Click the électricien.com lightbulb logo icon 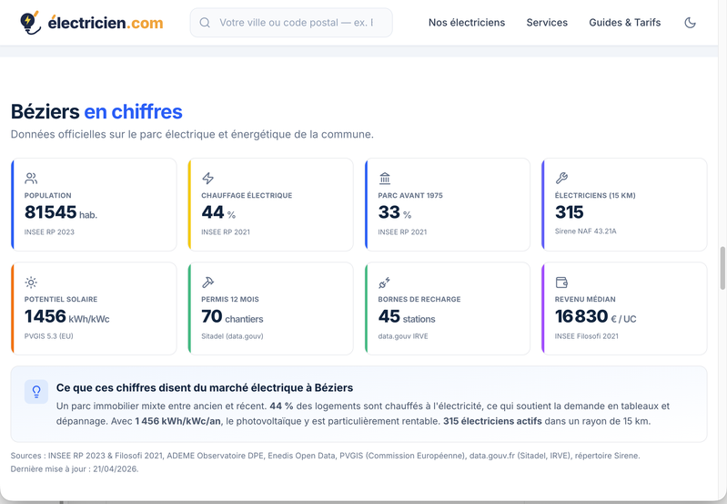30,23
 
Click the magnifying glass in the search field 205,22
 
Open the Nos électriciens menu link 467,22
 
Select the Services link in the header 547,22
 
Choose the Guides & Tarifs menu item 624,22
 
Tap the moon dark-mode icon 690,22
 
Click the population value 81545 51,212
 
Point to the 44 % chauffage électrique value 218,212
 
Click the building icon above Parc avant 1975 385,178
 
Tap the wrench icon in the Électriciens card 561,178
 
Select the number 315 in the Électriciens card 570,212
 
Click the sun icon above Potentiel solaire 31,282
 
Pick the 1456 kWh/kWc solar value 66,317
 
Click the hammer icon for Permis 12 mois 207,282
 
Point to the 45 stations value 407,317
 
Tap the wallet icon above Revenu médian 561,282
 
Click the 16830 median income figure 581,317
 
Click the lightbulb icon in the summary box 36,392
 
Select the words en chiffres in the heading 133,111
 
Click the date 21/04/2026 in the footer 115,468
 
